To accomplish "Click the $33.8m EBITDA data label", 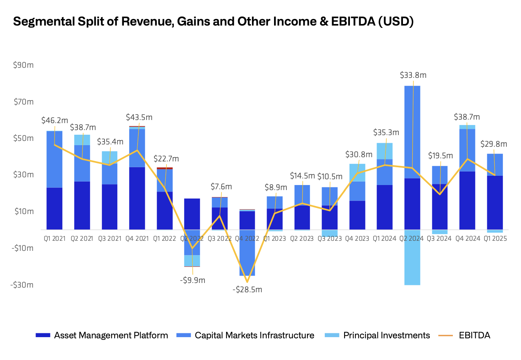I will [413, 75].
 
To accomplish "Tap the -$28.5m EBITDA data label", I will [247, 290].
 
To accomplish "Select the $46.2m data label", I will [55, 120].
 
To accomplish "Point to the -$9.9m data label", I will [192, 280].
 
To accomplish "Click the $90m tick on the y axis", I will [23, 65].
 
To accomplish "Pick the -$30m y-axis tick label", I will [22, 285].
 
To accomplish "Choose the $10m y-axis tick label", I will [24, 211].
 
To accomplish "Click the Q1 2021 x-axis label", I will [55, 238].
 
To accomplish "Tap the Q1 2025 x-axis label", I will [495, 238].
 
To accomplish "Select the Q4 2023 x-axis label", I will [357, 238].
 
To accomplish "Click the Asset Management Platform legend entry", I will [111, 335].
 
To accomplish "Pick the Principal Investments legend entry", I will [386, 335].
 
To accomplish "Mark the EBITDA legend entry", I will [474, 335].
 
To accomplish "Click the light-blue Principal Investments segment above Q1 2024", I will [384, 151].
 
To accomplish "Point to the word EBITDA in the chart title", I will [353, 21].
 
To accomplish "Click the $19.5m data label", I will [440, 156].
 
